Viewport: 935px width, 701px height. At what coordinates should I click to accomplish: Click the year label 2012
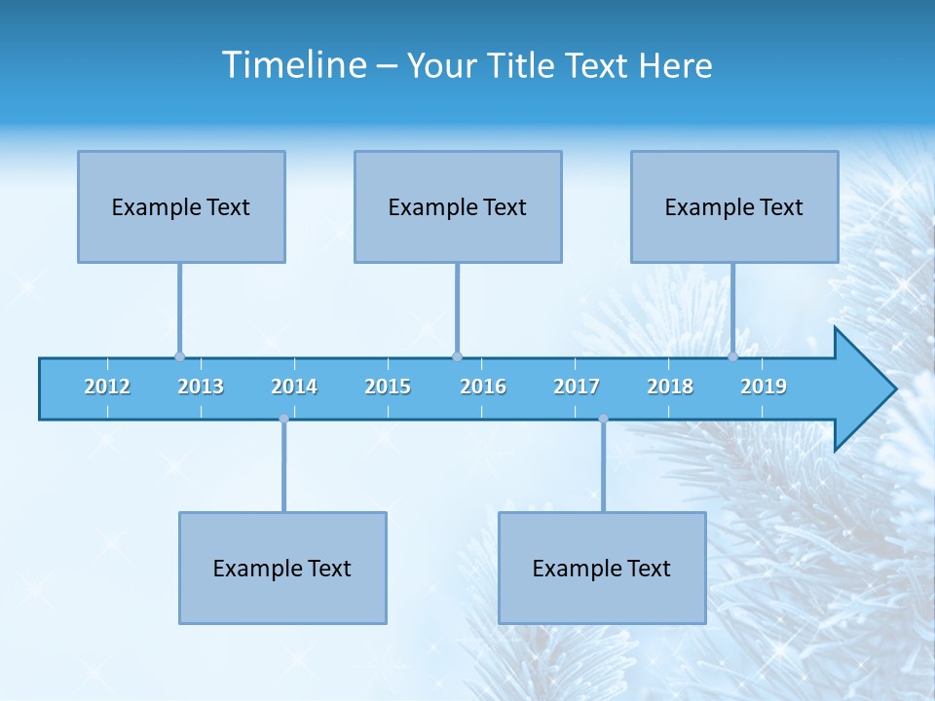[x=107, y=387]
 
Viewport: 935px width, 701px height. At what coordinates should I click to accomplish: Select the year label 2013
[x=201, y=387]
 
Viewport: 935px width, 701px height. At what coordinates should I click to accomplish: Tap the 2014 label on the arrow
[x=294, y=387]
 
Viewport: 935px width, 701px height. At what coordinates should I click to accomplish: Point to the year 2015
[x=388, y=387]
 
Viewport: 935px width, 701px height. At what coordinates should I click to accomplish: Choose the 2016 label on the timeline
[x=483, y=387]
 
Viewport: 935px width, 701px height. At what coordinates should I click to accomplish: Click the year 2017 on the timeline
[x=577, y=387]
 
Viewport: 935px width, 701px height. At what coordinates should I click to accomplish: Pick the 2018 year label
[x=670, y=387]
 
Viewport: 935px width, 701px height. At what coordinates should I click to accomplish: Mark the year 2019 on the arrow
[x=764, y=387]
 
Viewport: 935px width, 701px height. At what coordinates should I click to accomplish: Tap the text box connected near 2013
[x=181, y=206]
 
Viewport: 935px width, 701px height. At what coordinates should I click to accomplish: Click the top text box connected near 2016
[x=458, y=206]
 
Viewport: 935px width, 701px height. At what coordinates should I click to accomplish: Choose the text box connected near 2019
[x=734, y=206]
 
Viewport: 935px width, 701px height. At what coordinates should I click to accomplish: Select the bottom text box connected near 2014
[x=282, y=568]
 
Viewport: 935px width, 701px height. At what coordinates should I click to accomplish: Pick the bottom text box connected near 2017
[x=602, y=568]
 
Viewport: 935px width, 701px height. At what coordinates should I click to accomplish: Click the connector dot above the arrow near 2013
[x=179, y=356]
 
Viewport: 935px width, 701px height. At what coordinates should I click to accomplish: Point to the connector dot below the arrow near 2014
[x=283, y=419]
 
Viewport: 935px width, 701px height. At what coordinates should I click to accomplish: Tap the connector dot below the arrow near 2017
[x=603, y=419]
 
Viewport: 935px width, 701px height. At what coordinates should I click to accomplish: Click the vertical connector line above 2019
[x=733, y=307]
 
